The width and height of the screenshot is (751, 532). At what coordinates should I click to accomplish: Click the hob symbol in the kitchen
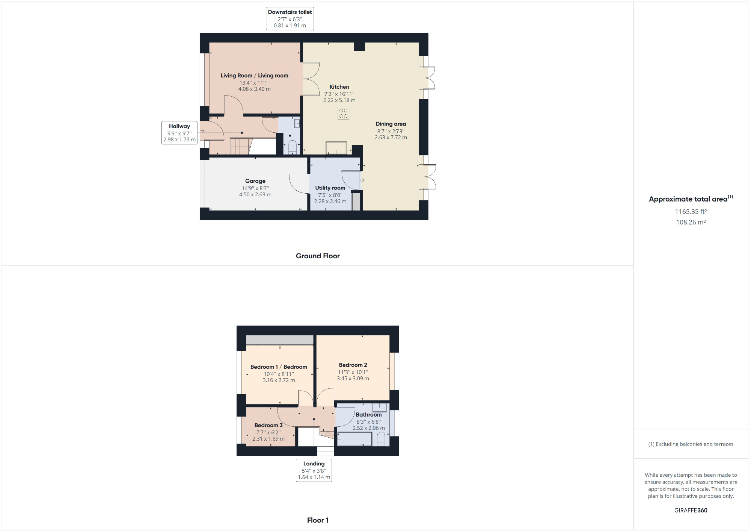coord(343,113)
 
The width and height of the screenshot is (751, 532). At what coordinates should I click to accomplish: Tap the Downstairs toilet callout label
coord(290,18)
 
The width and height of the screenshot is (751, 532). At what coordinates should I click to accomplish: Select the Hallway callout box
coord(179,132)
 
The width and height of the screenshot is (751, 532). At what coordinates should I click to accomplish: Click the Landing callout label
coord(314,470)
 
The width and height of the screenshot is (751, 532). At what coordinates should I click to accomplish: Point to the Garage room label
coord(255,181)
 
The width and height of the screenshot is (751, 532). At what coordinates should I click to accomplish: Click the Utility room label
coord(330,188)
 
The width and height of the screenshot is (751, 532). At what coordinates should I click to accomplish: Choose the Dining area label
coord(391,124)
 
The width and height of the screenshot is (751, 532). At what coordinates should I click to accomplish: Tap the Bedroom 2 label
coord(353,365)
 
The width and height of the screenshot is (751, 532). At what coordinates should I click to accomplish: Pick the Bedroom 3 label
coord(268,425)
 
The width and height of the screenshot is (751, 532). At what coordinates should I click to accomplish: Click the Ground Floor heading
coord(318,256)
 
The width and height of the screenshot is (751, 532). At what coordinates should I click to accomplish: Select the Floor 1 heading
coord(318,520)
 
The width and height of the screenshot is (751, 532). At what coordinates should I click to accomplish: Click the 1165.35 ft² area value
coord(691,212)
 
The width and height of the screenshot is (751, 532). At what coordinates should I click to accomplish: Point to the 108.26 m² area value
coord(691,222)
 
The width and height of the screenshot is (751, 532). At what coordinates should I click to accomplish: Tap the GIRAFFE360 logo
coord(691,511)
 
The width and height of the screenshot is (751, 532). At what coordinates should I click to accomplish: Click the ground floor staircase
coord(240,146)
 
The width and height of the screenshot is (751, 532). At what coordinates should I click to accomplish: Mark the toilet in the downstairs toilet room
coord(293,147)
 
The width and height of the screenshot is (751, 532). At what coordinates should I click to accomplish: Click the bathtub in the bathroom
coord(354,439)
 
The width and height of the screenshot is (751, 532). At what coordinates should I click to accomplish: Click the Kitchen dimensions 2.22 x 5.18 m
coord(339,100)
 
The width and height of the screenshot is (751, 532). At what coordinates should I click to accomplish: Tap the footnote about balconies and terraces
coord(691,444)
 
